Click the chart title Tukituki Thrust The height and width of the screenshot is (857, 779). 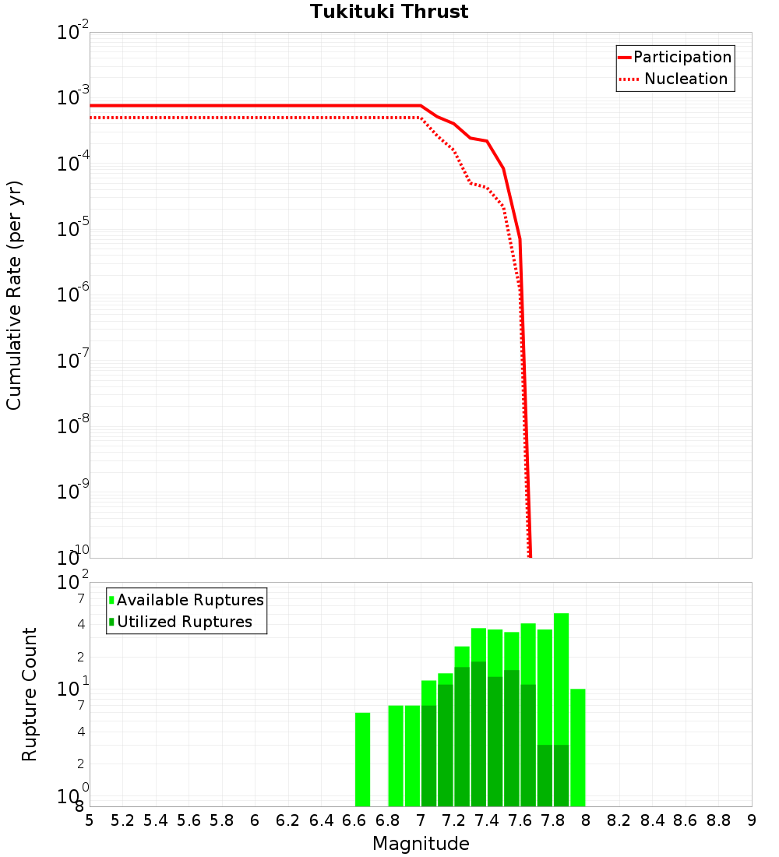(x=389, y=12)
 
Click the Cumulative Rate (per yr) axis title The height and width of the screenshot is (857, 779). (x=14, y=295)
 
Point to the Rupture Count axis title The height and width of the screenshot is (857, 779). (x=30, y=694)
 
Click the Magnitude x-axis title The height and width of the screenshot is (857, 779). (x=421, y=844)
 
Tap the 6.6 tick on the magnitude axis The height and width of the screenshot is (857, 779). (x=354, y=820)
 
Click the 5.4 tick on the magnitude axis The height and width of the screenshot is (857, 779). (x=156, y=820)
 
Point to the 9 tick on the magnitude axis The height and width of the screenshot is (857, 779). (x=751, y=820)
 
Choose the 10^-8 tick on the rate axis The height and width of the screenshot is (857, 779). (x=73, y=426)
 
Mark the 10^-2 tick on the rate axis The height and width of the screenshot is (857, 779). (x=73, y=34)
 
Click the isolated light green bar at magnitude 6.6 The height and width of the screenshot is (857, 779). (x=362, y=760)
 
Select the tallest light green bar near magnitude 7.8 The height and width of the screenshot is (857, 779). (x=561, y=678)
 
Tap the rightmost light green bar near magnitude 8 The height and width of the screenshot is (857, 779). (x=577, y=748)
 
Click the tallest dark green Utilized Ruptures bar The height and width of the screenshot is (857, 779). (x=478, y=732)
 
